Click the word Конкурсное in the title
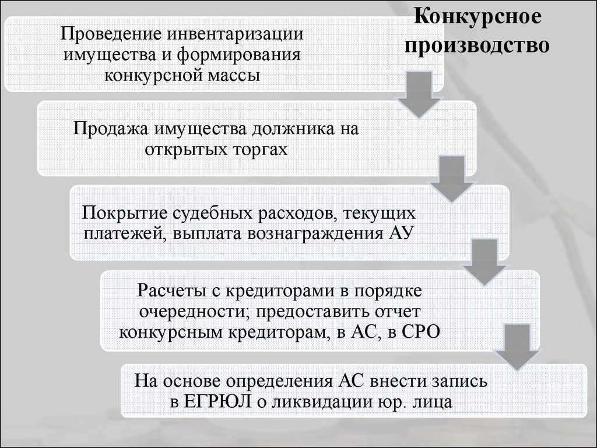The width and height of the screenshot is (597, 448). click(x=477, y=16)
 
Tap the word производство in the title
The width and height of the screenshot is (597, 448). click(x=477, y=45)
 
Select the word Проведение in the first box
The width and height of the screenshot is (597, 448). click(x=111, y=34)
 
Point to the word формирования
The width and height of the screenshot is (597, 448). click(x=238, y=54)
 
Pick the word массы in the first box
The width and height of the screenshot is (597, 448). click(x=234, y=75)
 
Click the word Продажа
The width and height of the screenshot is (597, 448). click(x=111, y=128)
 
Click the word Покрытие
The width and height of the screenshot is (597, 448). click(x=125, y=213)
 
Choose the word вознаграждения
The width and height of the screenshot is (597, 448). click(x=315, y=233)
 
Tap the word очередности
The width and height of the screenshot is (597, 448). click(x=194, y=311)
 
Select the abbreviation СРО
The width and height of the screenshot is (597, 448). click(x=420, y=332)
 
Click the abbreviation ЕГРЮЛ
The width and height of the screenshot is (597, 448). click(x=217, y=401)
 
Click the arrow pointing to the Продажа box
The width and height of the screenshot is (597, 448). click(x=419, y=95)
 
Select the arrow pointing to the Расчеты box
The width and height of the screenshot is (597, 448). click(x=484, y=262)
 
